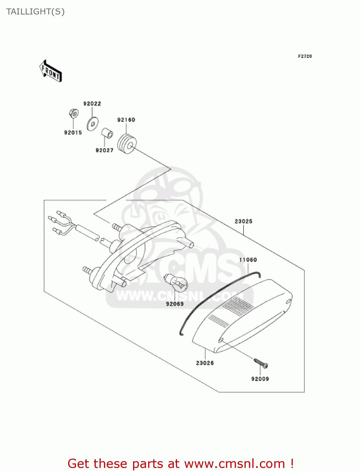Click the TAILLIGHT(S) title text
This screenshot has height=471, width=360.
(35, 12)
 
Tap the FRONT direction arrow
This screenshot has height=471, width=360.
(51, 71)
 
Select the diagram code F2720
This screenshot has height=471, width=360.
(305, 56)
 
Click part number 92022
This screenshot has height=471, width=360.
(92, 104)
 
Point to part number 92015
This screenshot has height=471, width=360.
(73, 133)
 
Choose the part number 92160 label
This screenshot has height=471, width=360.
(126, 120)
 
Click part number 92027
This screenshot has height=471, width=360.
(104, 150)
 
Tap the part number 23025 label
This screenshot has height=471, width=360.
(243, 221)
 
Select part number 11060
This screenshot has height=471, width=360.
(248, 260)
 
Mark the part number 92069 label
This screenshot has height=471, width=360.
(175, 304)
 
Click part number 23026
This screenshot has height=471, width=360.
(205, 363)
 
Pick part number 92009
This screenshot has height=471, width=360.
(260, 379)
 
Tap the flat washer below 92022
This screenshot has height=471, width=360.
(92, 123)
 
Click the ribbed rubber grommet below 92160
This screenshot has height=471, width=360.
(127, 144)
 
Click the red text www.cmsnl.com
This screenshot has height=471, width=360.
(234, 463)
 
